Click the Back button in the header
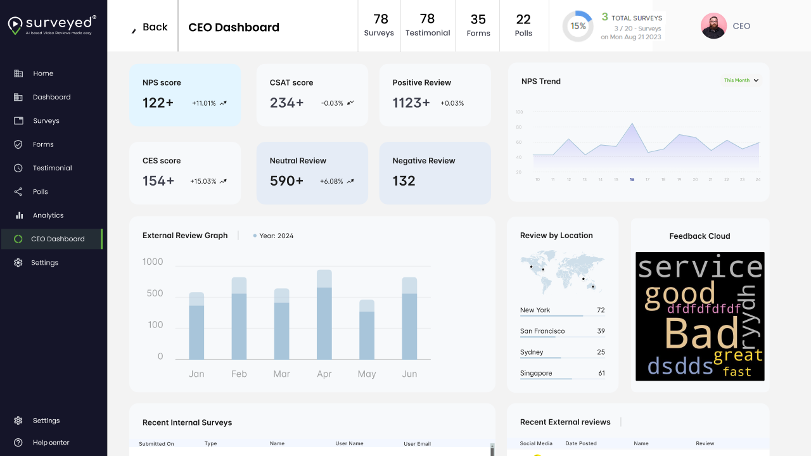[150, 27]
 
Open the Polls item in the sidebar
[41, 192]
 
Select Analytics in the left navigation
[48, 215]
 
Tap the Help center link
[51, 443]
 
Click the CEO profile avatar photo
[713, 26]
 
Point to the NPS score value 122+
[158, 103]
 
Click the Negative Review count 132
[404, 181]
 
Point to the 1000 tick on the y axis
[153, 262]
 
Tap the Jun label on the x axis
[409, 374]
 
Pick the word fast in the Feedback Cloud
[737, 372]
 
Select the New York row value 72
[601, 310]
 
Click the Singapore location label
[536, 373]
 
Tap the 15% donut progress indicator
[578, 27]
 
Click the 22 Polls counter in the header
[523, 26]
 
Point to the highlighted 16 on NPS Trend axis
[632, 180]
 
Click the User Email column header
[417, 444]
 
